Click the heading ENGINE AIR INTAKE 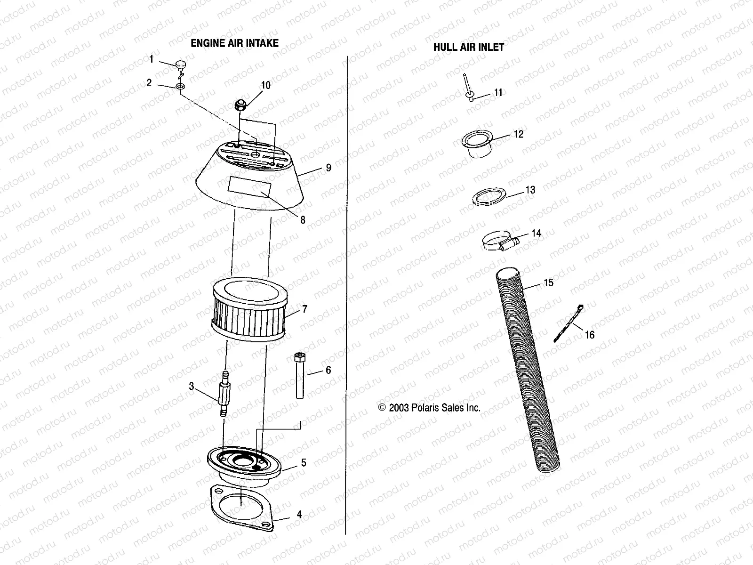(x=234, y=43)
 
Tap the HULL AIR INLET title (x=468, y=47)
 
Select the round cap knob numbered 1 (x=180, y=65)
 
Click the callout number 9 (x=328, y=168)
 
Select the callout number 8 (x=303, y=220)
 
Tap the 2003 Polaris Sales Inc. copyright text (x=430, y=408)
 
